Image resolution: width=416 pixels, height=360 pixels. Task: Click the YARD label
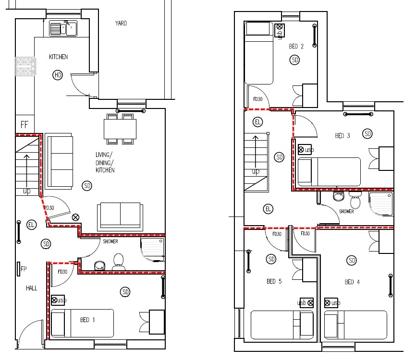tap(121, 23)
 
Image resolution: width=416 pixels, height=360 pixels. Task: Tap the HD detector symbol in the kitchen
tap(58, 75)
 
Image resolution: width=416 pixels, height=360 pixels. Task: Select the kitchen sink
tap(63, 28)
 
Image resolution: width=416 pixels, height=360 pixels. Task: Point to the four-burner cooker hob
tap(25, 66)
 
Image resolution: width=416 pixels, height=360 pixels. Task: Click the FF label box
tap(25, 125)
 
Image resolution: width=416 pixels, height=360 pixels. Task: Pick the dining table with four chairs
tap(120, 129)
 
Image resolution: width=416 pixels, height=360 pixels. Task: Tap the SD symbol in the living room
tap(87, 186)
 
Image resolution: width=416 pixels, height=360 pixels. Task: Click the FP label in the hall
tap(19, 269)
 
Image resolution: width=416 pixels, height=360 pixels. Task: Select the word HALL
tap(31, 288)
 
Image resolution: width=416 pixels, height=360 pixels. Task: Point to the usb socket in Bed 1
tap(58, 300)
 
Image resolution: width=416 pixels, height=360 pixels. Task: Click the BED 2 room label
tap(296, 47)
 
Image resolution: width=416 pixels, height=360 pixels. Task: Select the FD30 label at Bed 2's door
tap(257, 99)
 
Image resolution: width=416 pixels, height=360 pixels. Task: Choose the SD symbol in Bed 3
tap(368, 133)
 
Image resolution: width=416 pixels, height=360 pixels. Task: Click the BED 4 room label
tap(352, 282)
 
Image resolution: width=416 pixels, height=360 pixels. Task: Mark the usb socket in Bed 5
tap(306, 303)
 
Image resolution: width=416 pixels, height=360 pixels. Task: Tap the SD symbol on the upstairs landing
tap(280, 157)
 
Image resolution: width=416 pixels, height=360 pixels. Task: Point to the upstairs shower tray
tap(381, 204)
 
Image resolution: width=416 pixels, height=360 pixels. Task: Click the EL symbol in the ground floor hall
tap(32, 224)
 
